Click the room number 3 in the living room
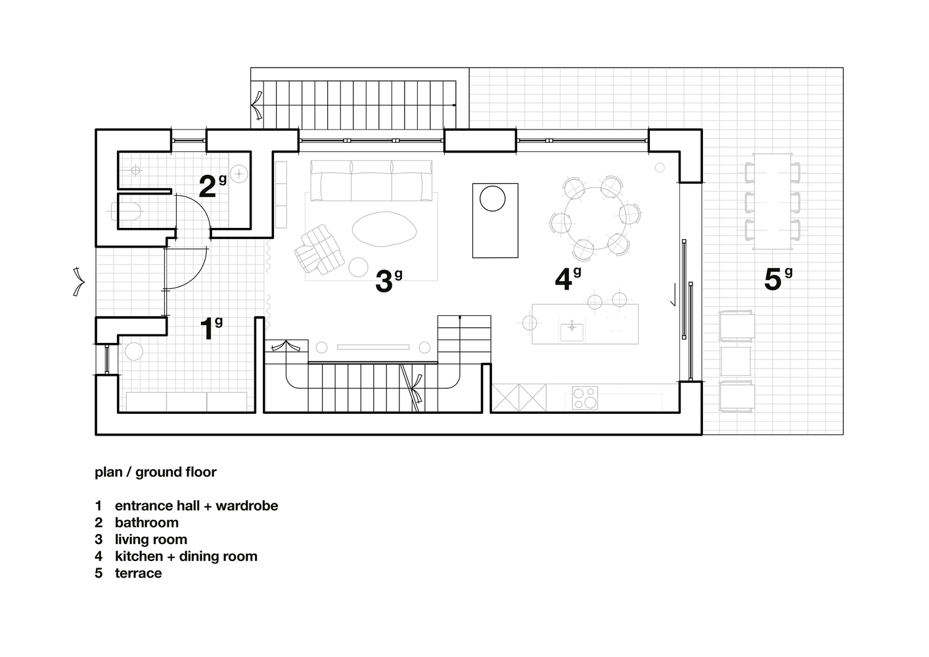point(384,281)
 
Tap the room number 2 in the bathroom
point(208,187)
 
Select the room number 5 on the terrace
point(773,279)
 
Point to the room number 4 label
point(564,279)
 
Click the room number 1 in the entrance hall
point(208,329)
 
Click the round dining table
point(595,218)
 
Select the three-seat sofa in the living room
point(372,181)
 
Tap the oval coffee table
point(384,229)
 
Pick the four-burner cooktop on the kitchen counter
point(585,397)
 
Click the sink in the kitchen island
point(572,332)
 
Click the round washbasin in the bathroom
point(239,173)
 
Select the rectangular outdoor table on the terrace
point(772,202)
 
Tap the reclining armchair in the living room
point(319,249)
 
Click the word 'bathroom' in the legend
point(147,522)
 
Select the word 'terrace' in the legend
point(138,573)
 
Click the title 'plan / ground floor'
point(156,472)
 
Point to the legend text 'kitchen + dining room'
point(186,556)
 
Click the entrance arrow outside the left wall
point(79,282)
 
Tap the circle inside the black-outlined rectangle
point(492,198)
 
